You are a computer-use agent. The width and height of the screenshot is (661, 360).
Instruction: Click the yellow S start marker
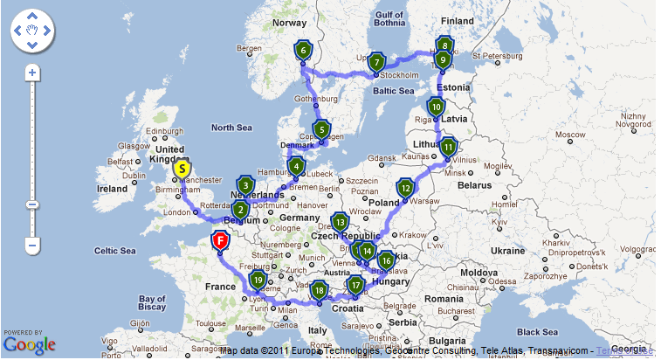(182, 168)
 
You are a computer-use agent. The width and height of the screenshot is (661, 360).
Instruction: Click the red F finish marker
(221, 239)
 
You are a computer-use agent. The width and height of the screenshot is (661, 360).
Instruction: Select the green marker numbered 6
(303, 51)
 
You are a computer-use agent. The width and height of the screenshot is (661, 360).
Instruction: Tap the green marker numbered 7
(376, 62)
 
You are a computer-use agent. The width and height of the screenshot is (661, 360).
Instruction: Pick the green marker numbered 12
(405, 187)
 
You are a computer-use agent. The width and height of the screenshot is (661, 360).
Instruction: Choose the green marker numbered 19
(258, 280)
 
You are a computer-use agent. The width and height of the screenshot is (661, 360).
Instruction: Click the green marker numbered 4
(297, 166)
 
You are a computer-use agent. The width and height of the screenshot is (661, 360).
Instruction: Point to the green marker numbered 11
(448, 147)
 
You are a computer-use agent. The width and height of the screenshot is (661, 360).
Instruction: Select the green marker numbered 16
(385, 260)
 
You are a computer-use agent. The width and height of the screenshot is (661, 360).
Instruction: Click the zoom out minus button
(32, 246)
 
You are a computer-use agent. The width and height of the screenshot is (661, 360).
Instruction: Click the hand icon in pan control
(32, 31)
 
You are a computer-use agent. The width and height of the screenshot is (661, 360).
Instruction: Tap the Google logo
(29, 343)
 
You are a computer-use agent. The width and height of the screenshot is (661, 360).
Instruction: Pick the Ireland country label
(113, 188)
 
